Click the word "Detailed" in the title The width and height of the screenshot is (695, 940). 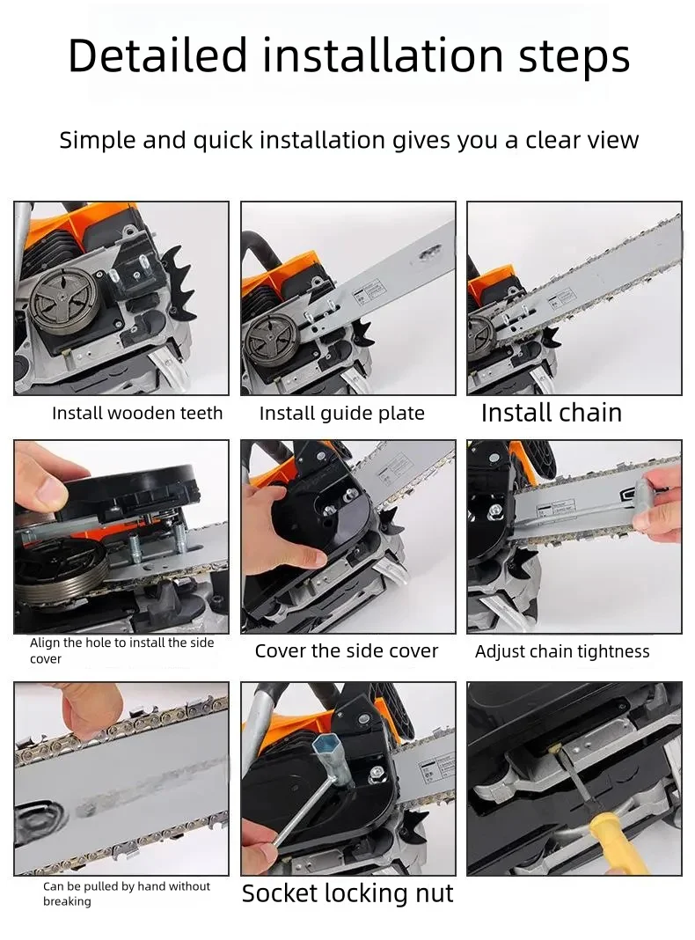157,55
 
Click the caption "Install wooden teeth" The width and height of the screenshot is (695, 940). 137,413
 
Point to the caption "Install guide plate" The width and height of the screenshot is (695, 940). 342,414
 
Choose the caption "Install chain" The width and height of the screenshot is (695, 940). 552,413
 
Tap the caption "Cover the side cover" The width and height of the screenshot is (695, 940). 347,651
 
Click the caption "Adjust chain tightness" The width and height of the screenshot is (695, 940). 562,651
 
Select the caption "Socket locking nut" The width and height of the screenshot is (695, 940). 347,893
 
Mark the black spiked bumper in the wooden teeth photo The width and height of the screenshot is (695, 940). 179,282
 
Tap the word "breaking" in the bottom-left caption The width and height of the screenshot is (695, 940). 67,901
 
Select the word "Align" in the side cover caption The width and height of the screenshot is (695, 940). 45,643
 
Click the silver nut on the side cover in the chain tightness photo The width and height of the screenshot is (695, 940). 495,511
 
